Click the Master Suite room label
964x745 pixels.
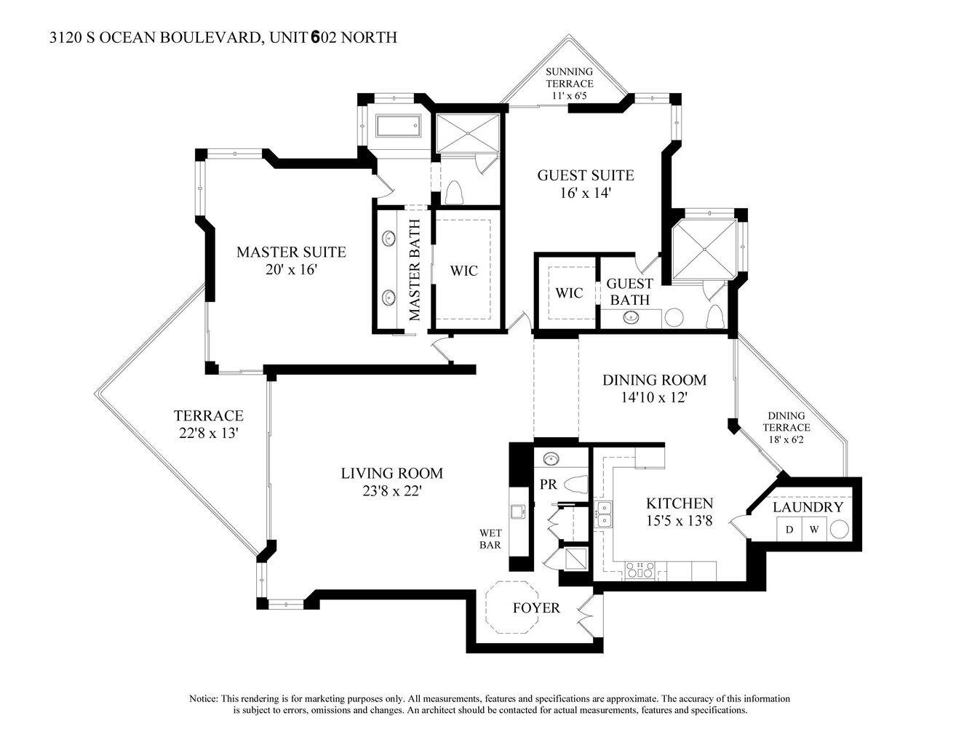point(291,252)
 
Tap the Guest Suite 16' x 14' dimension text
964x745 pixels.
point(585,194)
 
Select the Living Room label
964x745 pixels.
point(392,474)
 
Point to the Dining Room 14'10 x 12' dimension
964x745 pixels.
point(654,398)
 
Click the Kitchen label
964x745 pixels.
point(680,503)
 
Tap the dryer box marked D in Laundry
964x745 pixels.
point(789,530)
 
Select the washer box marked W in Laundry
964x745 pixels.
point(814,530)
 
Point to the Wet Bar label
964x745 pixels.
point(490,538)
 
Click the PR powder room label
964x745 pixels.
point(548,483)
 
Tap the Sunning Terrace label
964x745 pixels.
point(570,77)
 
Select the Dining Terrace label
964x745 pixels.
point(787,422)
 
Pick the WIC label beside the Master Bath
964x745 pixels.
point(463,271)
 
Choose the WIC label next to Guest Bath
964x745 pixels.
point(569,293)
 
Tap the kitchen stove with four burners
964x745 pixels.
point(640,570)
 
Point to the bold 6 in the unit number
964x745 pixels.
point(315,38)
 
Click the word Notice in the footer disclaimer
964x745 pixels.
point(203,698)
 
